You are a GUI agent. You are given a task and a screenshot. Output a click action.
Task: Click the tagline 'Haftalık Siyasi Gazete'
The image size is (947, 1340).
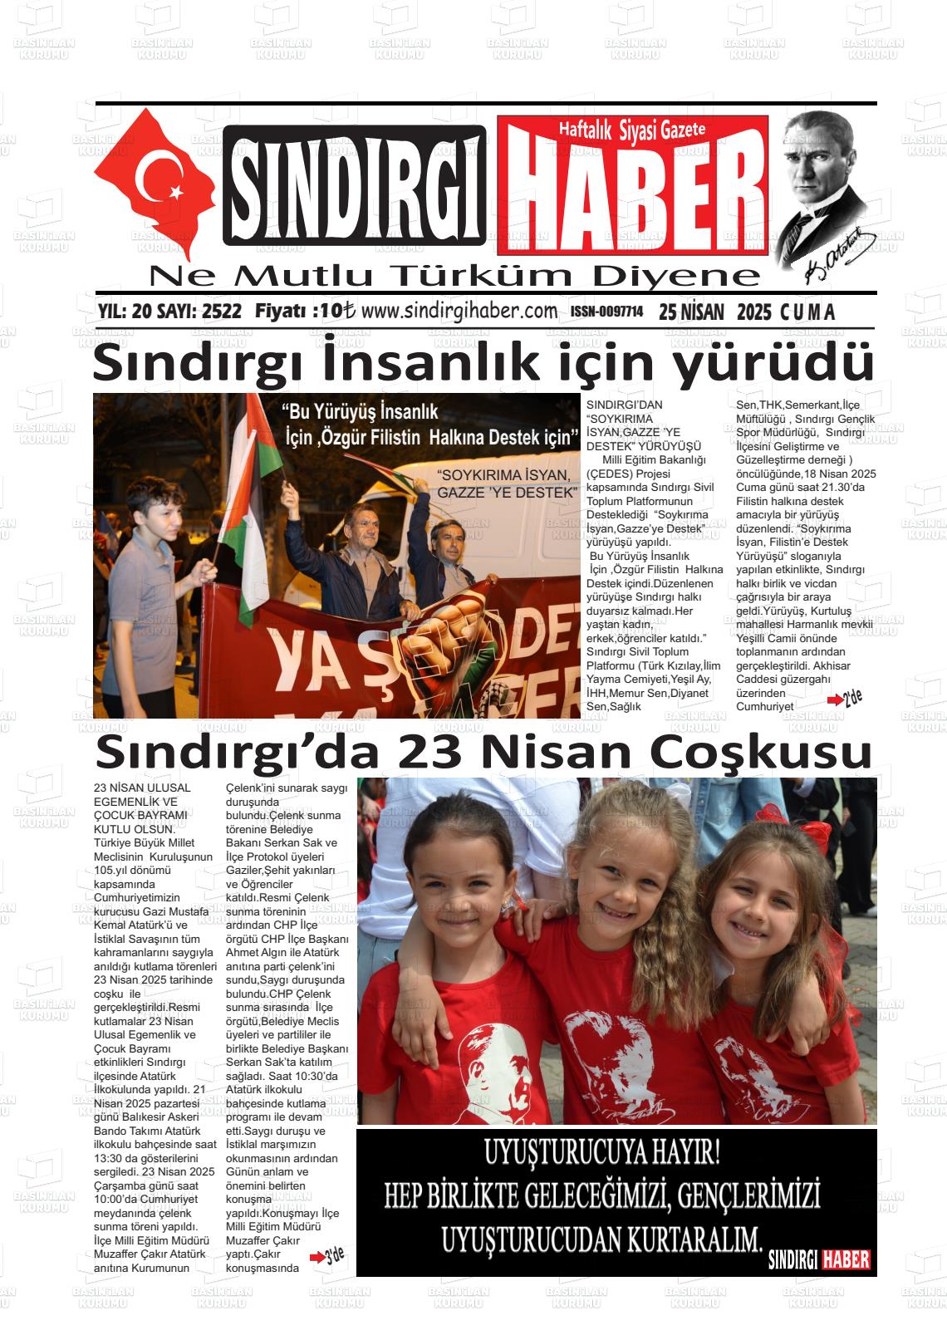point(631,130)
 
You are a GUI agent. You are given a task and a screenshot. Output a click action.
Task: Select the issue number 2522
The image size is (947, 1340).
point(221,312)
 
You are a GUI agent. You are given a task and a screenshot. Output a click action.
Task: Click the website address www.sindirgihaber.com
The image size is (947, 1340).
point(459,311)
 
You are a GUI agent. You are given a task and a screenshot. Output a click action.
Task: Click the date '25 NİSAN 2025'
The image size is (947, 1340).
point(716,312)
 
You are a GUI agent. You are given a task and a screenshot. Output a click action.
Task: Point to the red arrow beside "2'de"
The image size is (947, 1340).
point(834,702)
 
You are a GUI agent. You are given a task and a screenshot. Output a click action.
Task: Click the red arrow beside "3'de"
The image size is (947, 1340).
point(316,1258)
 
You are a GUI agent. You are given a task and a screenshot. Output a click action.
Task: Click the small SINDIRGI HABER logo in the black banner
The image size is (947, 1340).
point(819,1259)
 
